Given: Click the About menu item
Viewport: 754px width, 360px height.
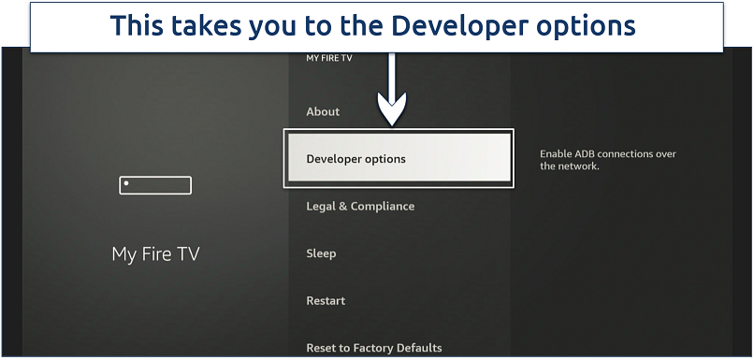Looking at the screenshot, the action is (x=323, y=111).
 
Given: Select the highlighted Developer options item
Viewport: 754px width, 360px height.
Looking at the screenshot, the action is (x=399, y=158).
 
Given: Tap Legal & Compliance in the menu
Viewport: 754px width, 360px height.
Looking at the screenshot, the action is (x=360, y=207).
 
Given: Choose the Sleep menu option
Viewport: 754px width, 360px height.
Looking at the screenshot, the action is (x=321, y=253).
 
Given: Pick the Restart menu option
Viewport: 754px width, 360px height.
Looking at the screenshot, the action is (x=326, y=301).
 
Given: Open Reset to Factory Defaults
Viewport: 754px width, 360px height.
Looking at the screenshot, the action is (x=374, y=348).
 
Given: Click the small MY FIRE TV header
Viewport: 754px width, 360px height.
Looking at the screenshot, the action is (x=329, y=58).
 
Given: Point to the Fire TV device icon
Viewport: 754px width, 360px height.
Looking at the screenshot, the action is (x=155, y=185).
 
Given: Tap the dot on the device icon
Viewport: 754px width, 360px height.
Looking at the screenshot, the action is (x=126, y=183).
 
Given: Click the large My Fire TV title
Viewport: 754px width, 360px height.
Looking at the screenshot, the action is (x=155, y=253).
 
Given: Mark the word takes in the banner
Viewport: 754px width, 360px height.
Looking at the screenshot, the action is (x=210, y=25).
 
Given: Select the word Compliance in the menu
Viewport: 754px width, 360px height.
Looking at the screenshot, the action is (x=383, y=207).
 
